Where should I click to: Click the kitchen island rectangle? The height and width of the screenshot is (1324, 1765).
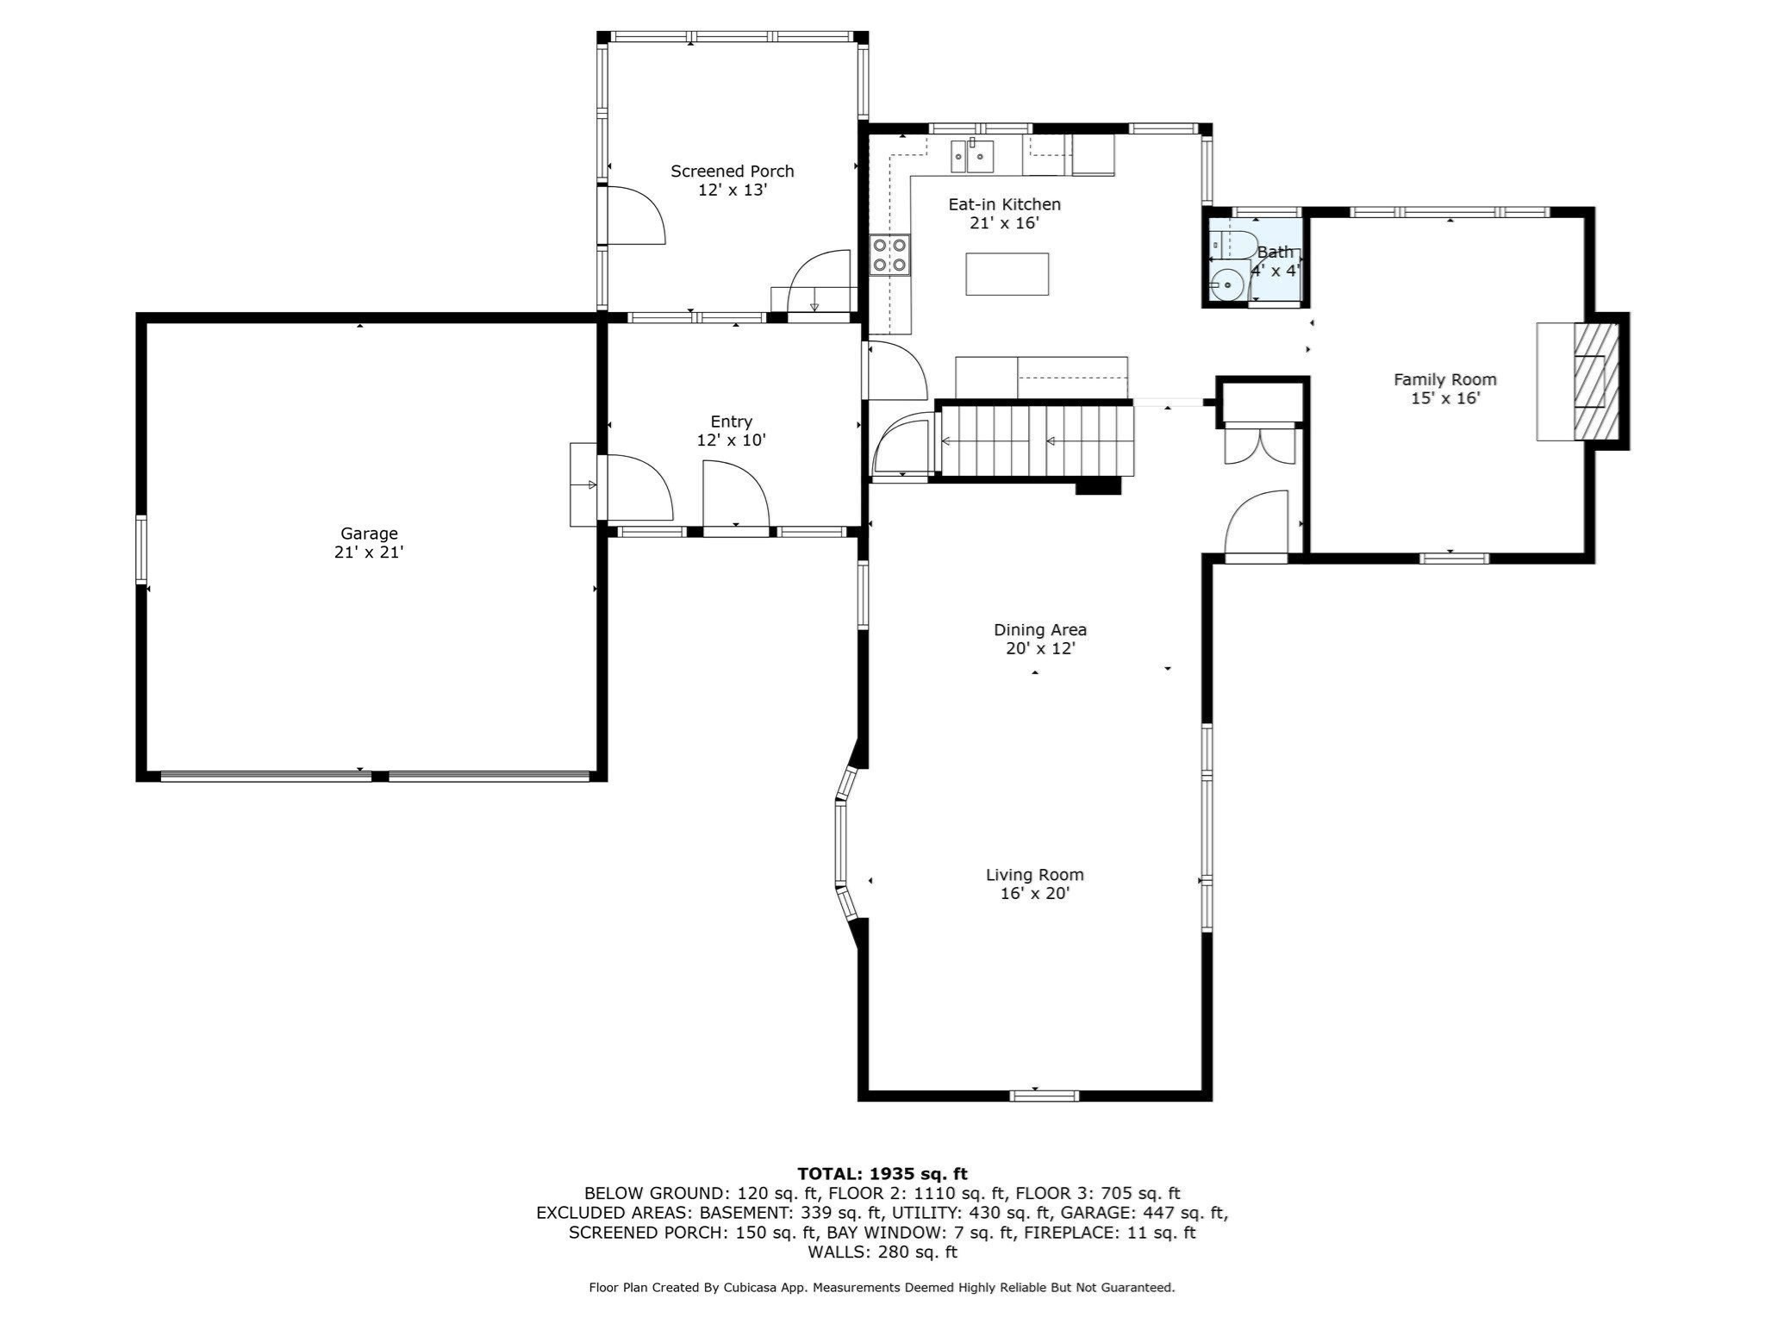[x=1007, y=274]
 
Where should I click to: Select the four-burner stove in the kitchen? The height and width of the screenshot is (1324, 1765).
[x=890, y=254]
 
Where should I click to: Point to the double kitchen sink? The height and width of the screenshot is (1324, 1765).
[x=972, y=157]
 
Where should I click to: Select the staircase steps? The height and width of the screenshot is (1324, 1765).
[x=1037, y=441]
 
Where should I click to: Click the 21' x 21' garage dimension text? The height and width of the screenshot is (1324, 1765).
[x=369, y=553]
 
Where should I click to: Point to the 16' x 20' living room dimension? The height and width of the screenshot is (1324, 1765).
[x=1035, y=894]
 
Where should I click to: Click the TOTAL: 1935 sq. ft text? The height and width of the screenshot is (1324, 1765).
[x=882, y=1173]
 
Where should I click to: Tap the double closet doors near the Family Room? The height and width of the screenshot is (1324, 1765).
[x=1260, y=446]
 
